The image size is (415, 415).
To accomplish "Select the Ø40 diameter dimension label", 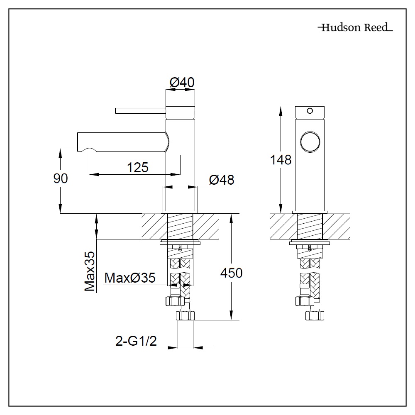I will click(x=182, y=83).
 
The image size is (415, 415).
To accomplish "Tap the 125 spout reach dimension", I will click(x=138, y=167).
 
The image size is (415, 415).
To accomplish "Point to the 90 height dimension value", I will click(x=61, y=178).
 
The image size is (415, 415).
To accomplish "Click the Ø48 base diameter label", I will click(x=222, y=180).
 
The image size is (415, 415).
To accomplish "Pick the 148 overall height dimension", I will click(x=281, y=159).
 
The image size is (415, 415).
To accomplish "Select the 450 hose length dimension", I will click(x=231, y=273).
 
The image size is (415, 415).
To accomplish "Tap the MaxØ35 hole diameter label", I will click(x=130, y=278).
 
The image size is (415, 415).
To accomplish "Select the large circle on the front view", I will click(x=309, y=142).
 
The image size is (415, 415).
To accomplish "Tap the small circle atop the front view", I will click(x=309, y=111).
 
